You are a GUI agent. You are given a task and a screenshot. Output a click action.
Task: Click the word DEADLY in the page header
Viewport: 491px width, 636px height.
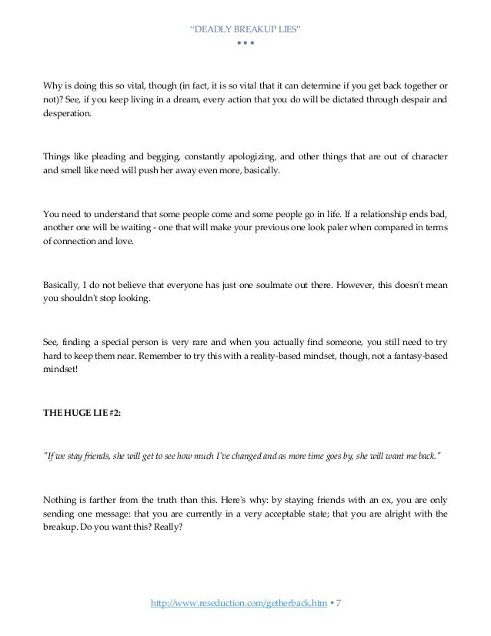coord(219,29)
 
